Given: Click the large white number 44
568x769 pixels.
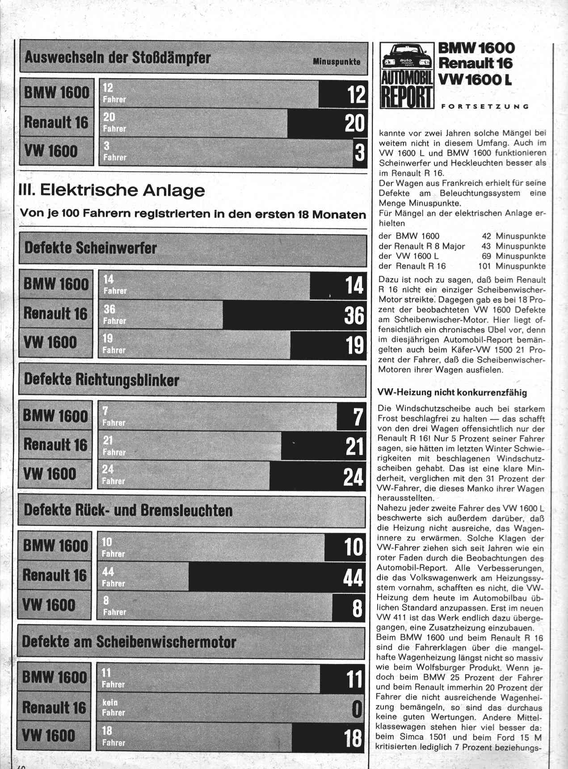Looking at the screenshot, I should (x=353, y=578).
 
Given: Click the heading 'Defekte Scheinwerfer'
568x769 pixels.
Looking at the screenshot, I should (x=91, y=248).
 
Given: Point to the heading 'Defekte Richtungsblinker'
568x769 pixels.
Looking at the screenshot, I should (x=102, y=380).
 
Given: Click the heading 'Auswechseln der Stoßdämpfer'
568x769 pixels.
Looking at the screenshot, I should (x=118, y=58).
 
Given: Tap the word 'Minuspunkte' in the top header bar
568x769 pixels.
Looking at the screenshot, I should (x=337, y=62).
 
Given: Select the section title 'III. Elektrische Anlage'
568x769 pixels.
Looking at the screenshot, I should (x=112, y=190).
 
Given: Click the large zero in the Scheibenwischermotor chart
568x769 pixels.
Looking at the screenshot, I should (x=357, y=709).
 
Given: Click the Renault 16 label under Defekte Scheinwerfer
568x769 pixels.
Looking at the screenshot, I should (x=56, y=313).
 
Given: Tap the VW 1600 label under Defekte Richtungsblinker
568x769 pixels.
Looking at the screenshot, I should (x=50, y=474).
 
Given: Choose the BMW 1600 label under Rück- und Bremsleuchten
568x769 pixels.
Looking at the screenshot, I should (x=55, y=546).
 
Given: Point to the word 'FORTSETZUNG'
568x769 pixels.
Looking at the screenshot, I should (x=485, y=106).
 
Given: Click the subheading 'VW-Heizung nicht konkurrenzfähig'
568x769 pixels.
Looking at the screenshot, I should (x=452, y=393).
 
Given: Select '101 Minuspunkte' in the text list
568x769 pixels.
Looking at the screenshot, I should (x=512, y=266).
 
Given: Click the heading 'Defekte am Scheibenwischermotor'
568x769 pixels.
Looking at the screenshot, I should (x=129, y=642).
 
